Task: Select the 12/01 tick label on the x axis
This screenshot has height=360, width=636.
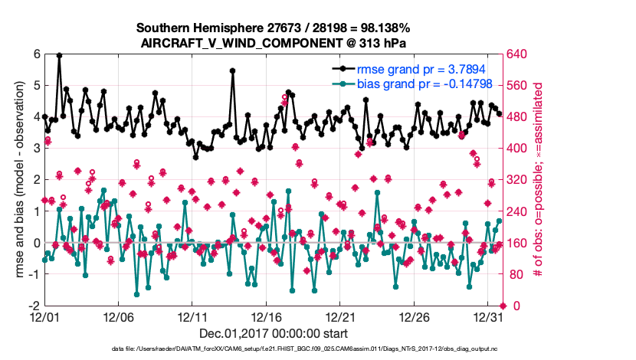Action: [x=44, y=316]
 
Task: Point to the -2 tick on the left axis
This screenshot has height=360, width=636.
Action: [x=34, y=306]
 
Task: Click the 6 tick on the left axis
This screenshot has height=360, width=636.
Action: [x=36, y=54]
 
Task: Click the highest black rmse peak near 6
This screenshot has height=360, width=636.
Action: [x=59, y=55]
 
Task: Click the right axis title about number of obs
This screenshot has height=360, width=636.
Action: [x=549, y=180]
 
